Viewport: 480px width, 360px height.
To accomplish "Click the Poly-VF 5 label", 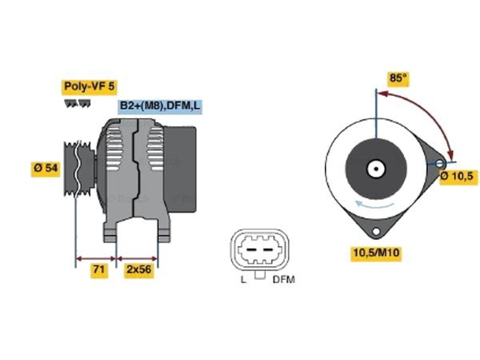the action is click(x=89, y=87).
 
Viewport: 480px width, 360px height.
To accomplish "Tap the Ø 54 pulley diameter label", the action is click(x=45, y=168).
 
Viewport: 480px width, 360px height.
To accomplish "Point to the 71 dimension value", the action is click(x=99, y=270).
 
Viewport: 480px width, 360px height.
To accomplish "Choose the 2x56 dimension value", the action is click(x=139, y=270).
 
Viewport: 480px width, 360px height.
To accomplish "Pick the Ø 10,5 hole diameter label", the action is click(x=458, y=177).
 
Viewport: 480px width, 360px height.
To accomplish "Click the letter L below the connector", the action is click(x=244, y=279).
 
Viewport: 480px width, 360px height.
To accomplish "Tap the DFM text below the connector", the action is click(x=283, y=279).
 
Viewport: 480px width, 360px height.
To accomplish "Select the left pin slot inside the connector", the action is click(x=252, y=250).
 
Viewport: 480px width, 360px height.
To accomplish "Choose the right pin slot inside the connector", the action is click(x=268, y=250).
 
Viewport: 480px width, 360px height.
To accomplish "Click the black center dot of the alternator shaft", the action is click(x=376, y=169).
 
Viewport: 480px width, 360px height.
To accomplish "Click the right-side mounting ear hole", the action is click(x=440, y=164).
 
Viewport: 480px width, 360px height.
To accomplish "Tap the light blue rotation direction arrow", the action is click(x=374, y=204).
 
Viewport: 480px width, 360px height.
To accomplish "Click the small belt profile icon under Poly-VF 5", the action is click(x=77, y=104).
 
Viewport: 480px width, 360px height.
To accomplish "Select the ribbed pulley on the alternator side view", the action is click(x=79, y=168).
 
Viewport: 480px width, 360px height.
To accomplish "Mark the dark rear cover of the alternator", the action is click(x=180, y=169).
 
